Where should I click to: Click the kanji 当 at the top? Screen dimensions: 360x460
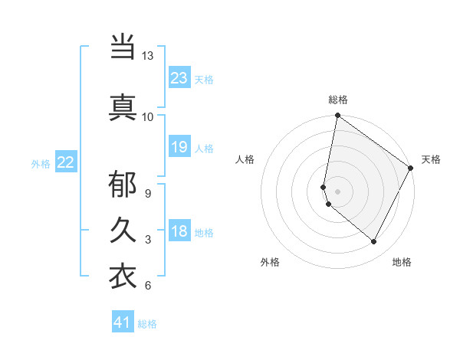point(123,47)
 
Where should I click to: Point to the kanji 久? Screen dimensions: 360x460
point(123,231)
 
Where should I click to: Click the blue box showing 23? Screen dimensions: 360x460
point(179,78)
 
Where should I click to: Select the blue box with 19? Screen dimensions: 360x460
point(179,147)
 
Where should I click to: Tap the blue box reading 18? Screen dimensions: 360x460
point(179,231)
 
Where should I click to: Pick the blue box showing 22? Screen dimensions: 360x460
point(66,162)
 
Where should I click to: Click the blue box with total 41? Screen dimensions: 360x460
point(123,322)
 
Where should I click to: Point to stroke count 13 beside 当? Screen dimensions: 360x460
point(147,56)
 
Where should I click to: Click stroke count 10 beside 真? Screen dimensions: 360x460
point(147,116)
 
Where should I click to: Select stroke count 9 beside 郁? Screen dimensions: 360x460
point(147,193)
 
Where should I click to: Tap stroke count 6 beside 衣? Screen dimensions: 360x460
point(147,286)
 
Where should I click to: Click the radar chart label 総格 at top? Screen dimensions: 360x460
point(338,100)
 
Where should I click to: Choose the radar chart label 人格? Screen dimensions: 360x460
point(245,159)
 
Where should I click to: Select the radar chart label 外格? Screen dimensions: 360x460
point(270,262)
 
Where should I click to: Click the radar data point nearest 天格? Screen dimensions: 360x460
point(411,169)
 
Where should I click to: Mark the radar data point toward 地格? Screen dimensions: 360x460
point(374,242)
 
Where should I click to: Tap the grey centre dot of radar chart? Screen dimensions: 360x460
point(337,191)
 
